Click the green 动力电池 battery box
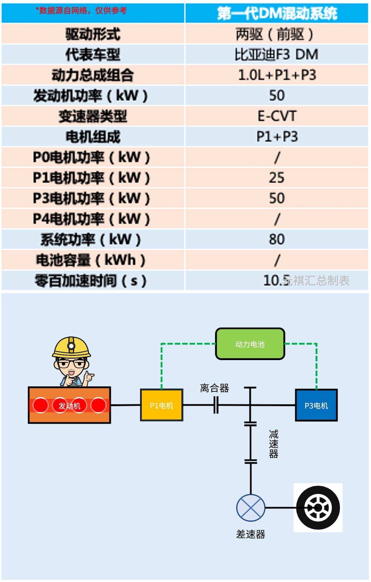[250, 344]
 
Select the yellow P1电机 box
[161, 405]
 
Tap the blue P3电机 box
[316, 405]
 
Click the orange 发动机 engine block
[69, 405]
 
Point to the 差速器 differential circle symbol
[251, 508]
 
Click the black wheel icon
[318, 508]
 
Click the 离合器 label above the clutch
[214, 388]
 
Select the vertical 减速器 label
[273, 444]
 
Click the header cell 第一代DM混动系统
[277, 13]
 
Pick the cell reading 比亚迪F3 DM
[277, 54]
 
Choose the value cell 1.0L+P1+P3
[277, 75]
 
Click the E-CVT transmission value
[277, 116]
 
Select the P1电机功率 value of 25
[277, 178]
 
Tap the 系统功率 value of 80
[277, 239]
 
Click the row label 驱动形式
[93, 34]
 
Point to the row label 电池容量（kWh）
[91, 260]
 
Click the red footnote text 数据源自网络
[81, 11]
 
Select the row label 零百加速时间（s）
[91, 280]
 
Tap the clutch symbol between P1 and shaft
[216, 405]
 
